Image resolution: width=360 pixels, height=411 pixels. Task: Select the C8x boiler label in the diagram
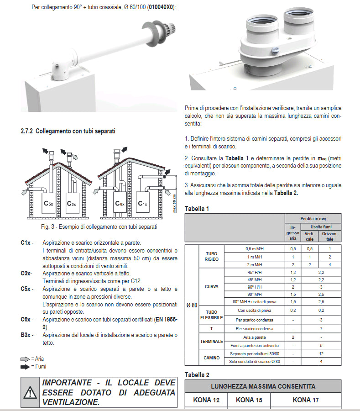point(120,203)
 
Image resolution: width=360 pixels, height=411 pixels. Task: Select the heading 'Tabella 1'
point(197,209)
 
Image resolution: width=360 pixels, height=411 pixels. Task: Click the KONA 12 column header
point(206,400)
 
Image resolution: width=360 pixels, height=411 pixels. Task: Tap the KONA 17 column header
point(305,400)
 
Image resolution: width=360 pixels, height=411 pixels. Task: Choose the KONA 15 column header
point(249,400)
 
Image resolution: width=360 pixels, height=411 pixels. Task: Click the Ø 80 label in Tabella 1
point(192,305)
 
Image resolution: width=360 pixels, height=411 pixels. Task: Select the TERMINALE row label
point(211,341)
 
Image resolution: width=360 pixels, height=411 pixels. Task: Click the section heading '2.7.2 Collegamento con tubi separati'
point(68,131)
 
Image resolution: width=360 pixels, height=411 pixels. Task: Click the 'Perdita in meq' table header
point(313,218)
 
